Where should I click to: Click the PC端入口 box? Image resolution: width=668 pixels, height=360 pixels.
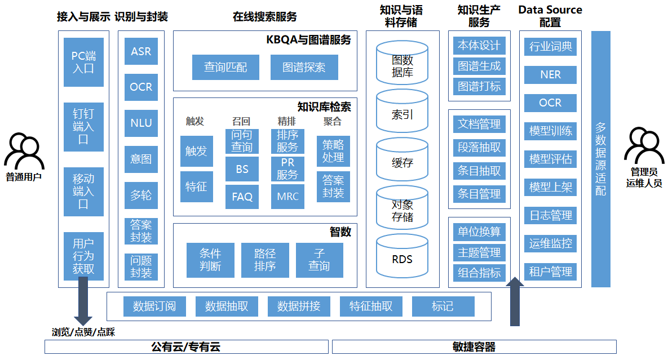click(83, 62)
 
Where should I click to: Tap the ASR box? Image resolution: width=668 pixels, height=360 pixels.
click(141, 51)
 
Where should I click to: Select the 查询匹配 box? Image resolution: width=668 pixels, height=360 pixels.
click(225, 68)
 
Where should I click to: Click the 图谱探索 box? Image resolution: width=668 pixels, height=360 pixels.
click(304, 68)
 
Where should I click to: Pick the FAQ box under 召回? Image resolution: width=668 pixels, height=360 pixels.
click(242, 197)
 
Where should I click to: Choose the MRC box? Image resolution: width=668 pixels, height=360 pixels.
click(287, 197)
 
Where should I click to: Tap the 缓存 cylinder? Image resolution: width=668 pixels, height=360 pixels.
click(402, 162)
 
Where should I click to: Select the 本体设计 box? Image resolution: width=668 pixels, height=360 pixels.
click(479, 46)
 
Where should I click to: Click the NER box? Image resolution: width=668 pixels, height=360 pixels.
click(550, 74)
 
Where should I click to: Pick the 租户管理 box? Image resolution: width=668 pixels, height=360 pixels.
click(550, 272)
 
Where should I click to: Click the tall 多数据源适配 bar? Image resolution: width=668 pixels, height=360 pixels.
click(601, 158)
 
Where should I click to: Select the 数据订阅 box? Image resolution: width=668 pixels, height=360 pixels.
click(154, 306)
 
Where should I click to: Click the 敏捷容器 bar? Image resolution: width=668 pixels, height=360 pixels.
click(474, 346)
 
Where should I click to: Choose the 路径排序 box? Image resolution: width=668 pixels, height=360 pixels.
click(265, 260)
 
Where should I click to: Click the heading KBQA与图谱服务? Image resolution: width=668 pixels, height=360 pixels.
click(308, 39)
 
